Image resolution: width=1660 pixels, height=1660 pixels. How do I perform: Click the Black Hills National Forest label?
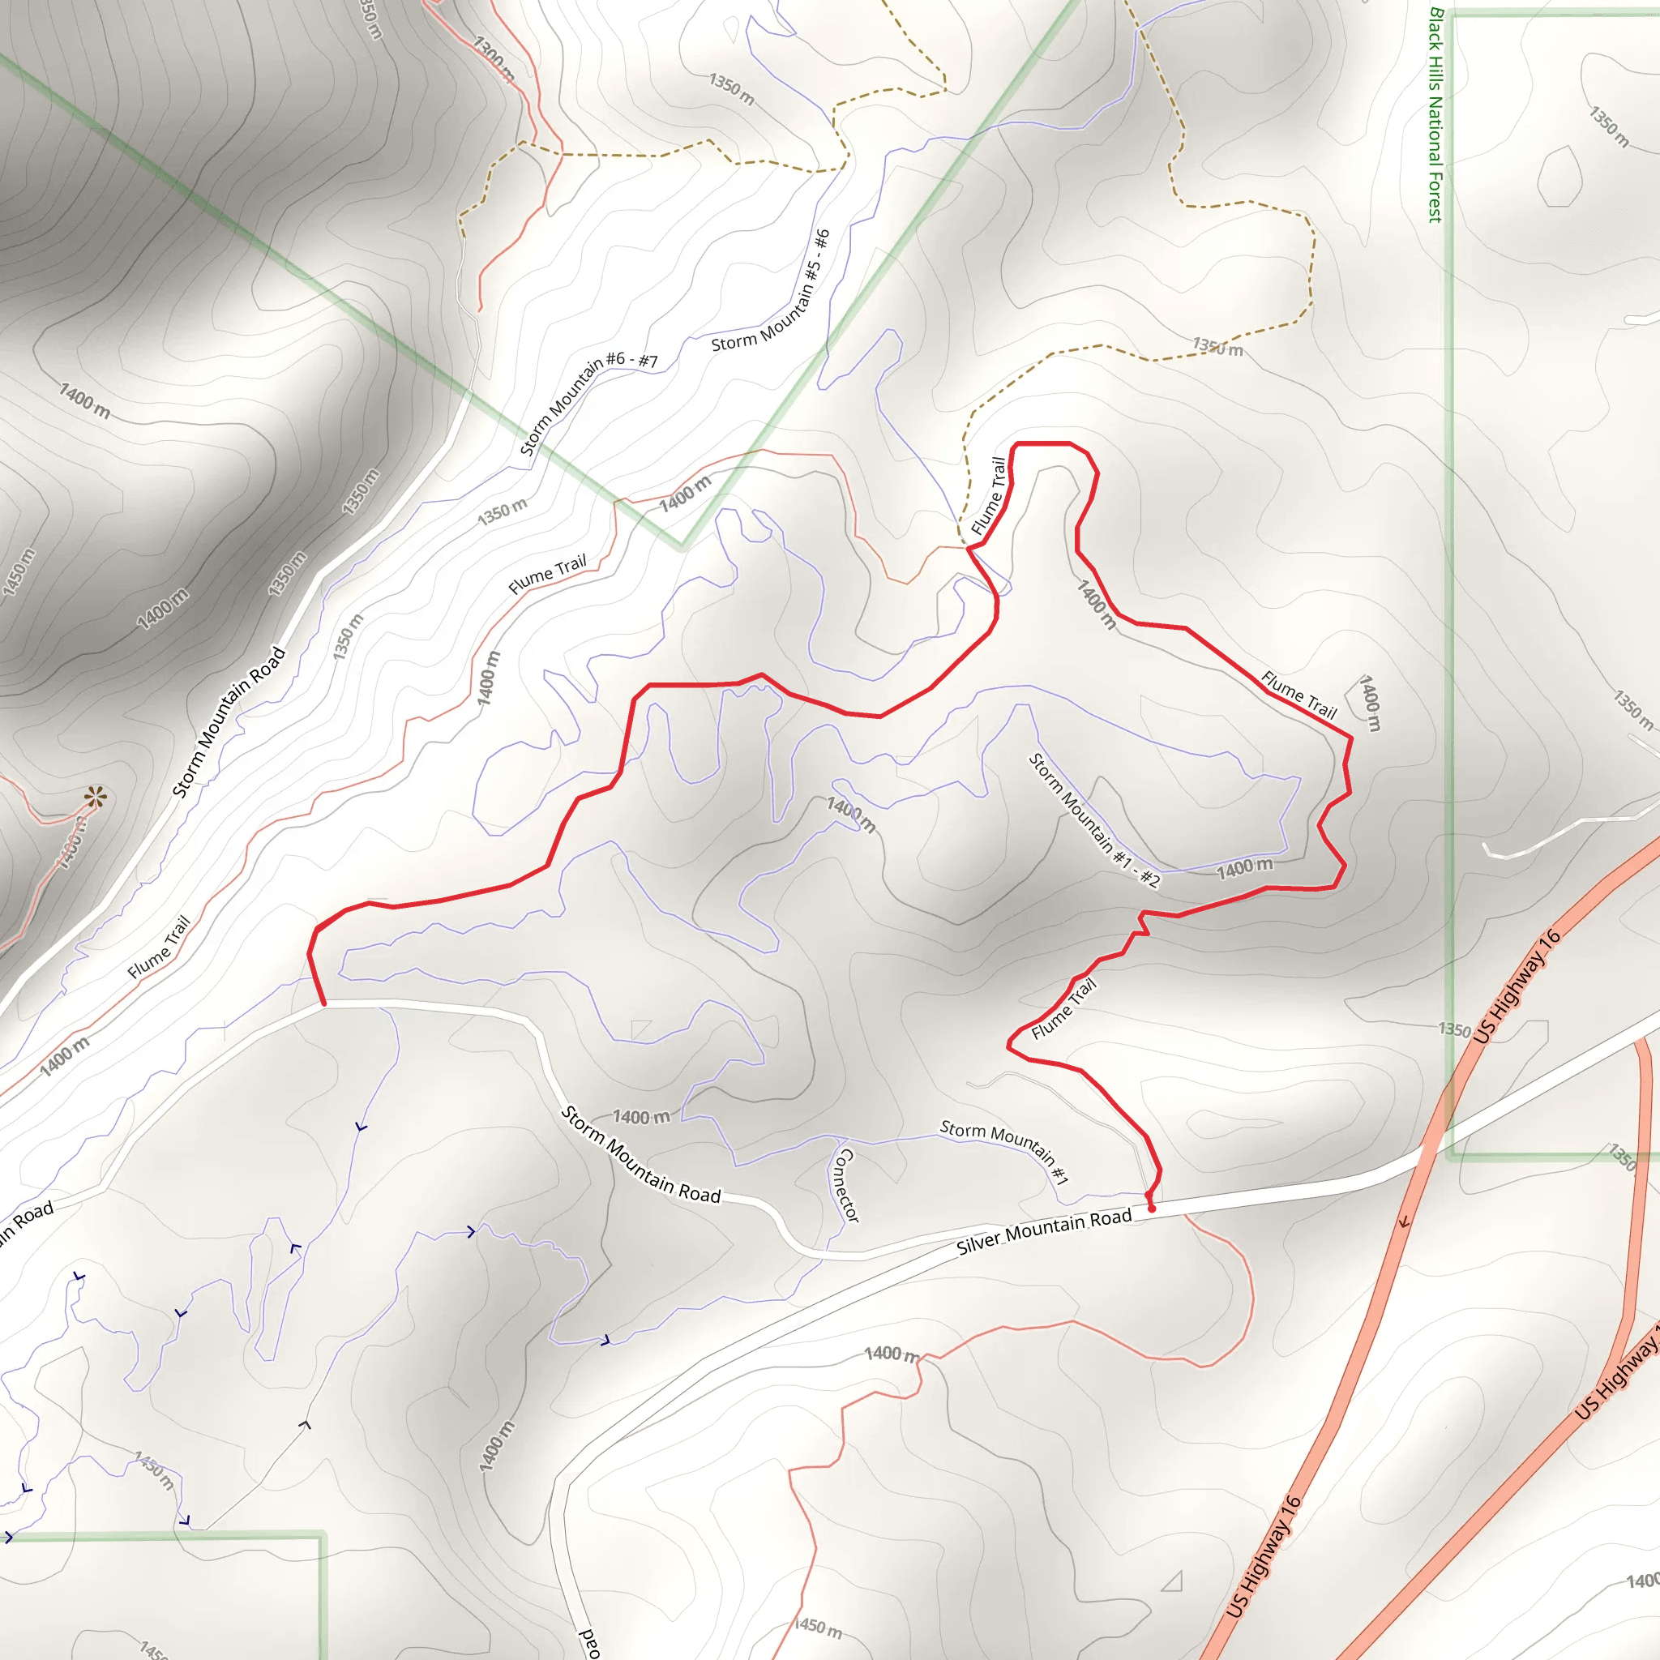1434,116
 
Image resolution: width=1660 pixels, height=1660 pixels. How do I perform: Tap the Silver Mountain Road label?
1044,1231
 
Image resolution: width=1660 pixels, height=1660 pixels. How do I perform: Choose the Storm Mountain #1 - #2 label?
1093,820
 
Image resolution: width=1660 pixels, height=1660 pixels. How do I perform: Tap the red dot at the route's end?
1151,1208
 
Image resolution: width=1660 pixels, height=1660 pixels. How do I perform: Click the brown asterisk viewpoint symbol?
96,798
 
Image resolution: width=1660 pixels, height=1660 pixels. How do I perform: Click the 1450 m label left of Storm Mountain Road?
19,572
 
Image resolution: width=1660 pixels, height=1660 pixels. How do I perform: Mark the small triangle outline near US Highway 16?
1173,1581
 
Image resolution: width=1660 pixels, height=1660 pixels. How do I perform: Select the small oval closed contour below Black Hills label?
1559,177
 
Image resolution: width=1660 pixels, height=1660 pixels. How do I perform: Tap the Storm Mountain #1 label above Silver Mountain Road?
1004,1150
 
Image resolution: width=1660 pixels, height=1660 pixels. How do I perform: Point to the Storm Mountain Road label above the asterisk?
229,721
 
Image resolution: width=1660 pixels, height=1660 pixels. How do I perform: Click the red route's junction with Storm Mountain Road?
324,1003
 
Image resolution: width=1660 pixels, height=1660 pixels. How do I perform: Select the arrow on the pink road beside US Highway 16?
1404,1221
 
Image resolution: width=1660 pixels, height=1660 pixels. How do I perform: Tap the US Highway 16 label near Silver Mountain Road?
1517,986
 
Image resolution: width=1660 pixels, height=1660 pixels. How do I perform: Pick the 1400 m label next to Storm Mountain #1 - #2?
1244,869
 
